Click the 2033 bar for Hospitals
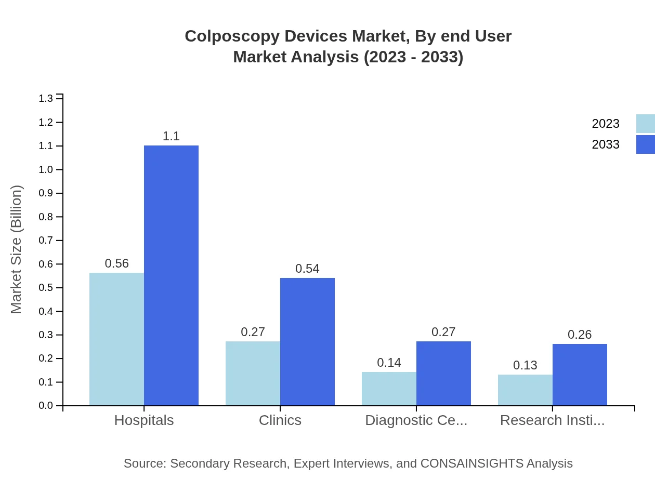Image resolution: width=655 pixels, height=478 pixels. (x=171, y=275)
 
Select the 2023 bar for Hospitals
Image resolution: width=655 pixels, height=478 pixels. (x=116, y=339)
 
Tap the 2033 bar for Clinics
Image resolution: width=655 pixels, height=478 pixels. (x=307, y=341)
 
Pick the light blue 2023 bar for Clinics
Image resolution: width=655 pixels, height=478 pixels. (x=253, y=373)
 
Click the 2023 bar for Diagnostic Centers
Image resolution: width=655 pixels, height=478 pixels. (x=389, y=389)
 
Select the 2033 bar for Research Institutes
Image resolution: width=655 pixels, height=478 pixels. (x=580, y=374)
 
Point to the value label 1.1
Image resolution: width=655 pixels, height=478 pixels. (x=171, y=137)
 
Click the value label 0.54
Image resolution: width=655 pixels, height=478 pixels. (x=307, y=269)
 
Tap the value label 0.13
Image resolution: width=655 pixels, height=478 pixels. (x=525, y=365)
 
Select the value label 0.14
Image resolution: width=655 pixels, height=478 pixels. (x=389, y=363)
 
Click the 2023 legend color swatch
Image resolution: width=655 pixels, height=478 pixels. (x=645, y=124)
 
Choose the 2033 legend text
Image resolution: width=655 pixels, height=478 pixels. (x=606, y=144)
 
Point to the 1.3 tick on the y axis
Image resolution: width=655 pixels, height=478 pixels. (x=46, y=99)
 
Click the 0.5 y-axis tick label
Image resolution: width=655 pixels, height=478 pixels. (x=46, y=288)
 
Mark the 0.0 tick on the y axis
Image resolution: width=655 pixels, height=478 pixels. (x=46, y=406)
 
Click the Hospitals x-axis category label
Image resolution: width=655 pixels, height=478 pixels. (x=144, y=420)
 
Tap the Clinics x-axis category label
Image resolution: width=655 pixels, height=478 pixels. (x=280, y=420)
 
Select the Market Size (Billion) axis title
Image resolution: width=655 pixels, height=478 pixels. (x=17, y=249)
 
